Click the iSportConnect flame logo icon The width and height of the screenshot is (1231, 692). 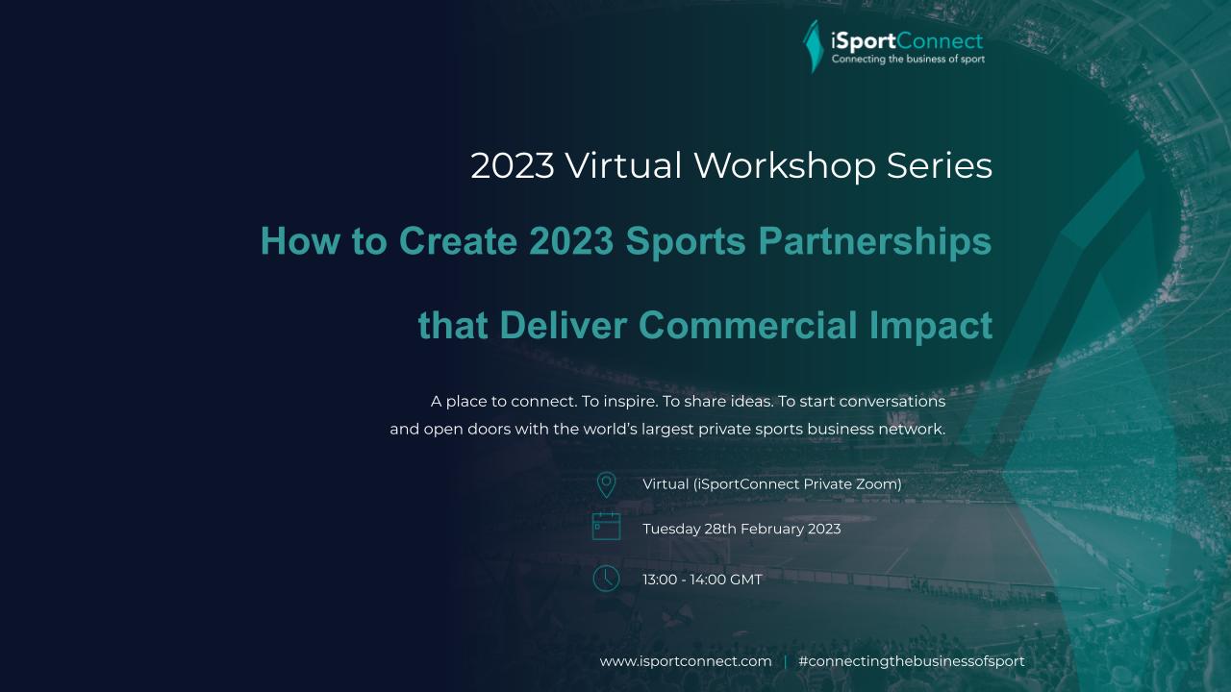tap(814, 47)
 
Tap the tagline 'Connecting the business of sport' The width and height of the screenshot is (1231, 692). tap(908, 59)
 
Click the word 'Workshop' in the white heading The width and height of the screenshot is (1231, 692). tap(785, 165)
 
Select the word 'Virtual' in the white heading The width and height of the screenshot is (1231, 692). tap(624, 165)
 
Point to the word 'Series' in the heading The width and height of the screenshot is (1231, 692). tap(940, 165)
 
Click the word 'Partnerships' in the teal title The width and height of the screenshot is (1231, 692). tap(875, 241)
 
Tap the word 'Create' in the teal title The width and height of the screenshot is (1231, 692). tap(458, 241)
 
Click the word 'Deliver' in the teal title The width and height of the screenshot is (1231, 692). tap(564, 325)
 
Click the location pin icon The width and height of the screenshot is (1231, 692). tap(606, 485)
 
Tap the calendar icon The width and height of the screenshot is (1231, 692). tap(606, 526)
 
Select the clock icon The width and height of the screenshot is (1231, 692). tap(606, 579)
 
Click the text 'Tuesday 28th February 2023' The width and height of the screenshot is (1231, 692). tap(741, 529)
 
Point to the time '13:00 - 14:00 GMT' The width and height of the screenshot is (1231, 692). tap(702, 580)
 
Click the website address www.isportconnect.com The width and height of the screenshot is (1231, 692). tap(686, 661)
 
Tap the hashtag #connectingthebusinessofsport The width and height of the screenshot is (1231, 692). tap(912, 661)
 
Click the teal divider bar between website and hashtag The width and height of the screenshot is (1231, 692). tap(785, 662)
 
